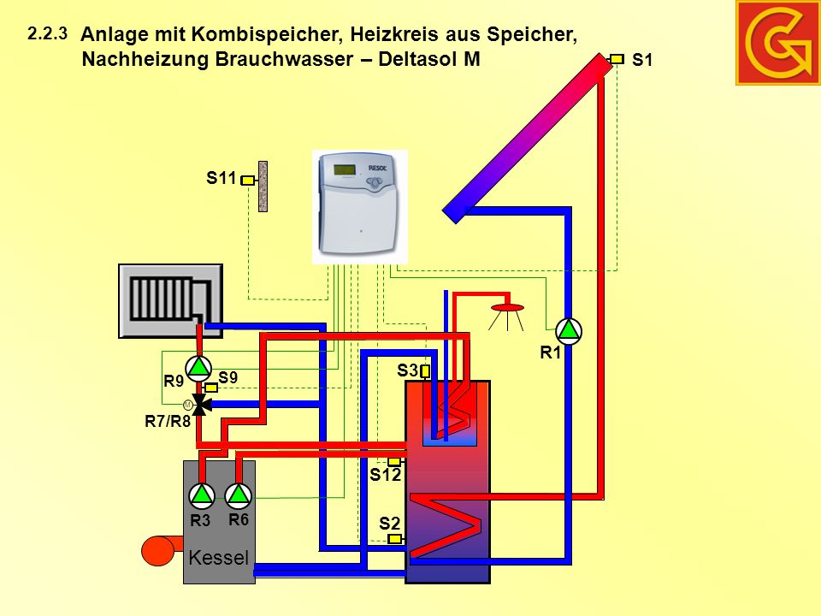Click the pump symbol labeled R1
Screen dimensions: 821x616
click(568, 331)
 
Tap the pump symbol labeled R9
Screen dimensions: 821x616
click(198, 368)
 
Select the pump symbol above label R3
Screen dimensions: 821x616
click(201, 495)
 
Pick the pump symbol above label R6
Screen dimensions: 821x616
click(239, 495)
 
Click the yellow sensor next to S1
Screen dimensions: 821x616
click(617, 59)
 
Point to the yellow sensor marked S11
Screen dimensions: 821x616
click(247, 181)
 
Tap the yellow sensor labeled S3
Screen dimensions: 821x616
click(425, 371)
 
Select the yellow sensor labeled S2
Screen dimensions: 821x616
click(395, 538)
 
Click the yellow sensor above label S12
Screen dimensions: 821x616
click(394, 461)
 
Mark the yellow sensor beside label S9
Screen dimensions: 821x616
click(211, 388)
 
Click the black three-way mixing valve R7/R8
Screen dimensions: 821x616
click(200, 405)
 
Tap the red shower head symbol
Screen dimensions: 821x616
click(506, 307)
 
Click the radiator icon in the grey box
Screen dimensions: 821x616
click(170, 299)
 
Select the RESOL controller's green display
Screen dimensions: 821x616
click(344, 169)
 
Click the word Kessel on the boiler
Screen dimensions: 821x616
click(218, 557)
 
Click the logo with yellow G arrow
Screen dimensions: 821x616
click(778, 43)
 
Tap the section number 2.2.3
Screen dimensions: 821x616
click(48, 34)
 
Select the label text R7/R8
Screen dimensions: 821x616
click(168, 421)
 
